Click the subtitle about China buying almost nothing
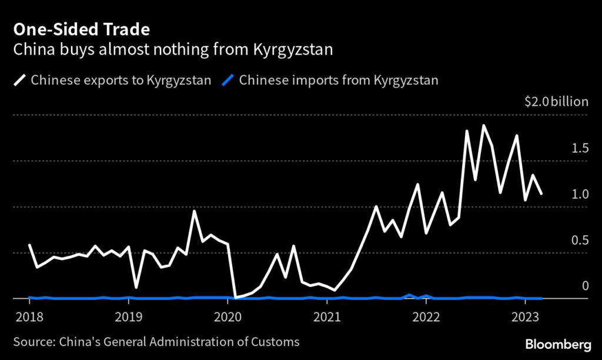click(x=173, y=49)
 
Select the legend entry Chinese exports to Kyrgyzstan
click(x=121, y=80)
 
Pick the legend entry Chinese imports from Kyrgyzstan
click(x=339, y=80)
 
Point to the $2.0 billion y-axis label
click(x=556, y=102)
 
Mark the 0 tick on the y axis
click(x=584, y=286)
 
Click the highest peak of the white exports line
click(x=483, y=125)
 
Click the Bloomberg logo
click(x=558, y=343)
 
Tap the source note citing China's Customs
click(x=156, y=341)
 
